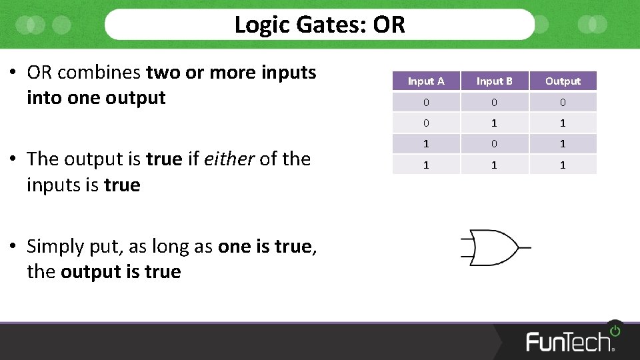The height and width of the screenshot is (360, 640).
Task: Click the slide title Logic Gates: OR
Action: point(319,25)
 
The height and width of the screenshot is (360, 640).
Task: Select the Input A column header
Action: point(426,81)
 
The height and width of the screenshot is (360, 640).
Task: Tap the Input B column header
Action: point(494,81)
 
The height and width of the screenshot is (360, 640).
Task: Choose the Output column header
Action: point(563,81)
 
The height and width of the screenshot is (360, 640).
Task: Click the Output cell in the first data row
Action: point(563,102)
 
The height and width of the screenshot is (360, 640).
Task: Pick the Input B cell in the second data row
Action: point(494,123)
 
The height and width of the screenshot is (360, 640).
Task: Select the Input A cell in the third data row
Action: point(426,144)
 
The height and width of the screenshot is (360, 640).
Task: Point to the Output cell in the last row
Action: point(563,165)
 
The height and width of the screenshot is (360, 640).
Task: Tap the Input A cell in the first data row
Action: point(426,102)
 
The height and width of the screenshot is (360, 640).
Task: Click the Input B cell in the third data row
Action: point(494,144)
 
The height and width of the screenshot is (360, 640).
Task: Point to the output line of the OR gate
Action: point(525,247)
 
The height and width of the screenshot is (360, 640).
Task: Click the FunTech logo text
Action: point(569,341)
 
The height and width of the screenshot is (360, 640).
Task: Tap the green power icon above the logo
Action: point(614,330)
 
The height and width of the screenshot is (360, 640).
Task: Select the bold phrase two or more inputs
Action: point(231,72)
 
